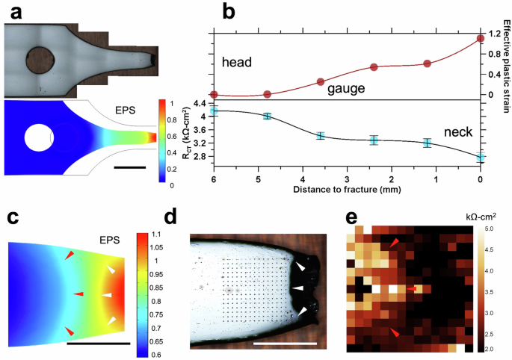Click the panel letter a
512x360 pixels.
pos(16,13)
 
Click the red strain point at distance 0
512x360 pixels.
pos(481,39)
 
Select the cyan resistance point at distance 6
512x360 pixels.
pos(214,111)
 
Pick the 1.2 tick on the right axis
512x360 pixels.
pos(493,34)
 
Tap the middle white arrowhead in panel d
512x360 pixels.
pos(298,288)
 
